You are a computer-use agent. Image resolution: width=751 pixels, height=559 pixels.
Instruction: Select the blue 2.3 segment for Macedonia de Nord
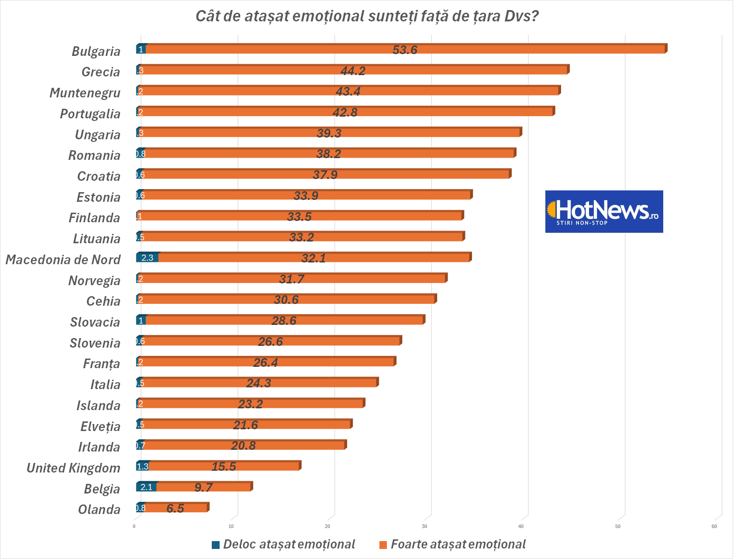click(147, 258)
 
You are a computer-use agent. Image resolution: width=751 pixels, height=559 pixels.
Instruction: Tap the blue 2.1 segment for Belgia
click(146, 487)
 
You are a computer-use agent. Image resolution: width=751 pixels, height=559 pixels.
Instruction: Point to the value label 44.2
click(353, 71)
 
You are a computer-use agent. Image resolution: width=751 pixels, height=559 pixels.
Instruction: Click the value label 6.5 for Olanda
click(175, 508)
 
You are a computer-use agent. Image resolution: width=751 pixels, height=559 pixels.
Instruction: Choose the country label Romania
click(94, 155)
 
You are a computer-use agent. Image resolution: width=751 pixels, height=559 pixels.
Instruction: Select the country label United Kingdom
click(73, 468)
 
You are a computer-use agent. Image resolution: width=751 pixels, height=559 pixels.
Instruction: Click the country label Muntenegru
click(85, 93)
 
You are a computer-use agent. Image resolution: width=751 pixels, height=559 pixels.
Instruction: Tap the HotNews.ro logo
click(604, 211)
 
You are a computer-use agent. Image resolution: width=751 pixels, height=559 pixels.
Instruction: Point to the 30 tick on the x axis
click(424, 526)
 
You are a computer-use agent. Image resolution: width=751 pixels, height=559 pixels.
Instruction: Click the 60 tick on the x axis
click(714, 526)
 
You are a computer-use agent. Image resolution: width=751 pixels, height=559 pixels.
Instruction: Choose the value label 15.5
click(224, 466)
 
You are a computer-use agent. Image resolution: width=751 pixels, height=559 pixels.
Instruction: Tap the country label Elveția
click(100, 427)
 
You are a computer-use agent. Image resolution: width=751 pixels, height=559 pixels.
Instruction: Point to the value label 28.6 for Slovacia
click(284, 321)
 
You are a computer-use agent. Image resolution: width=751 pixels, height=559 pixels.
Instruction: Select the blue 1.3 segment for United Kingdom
click(143, 466)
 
